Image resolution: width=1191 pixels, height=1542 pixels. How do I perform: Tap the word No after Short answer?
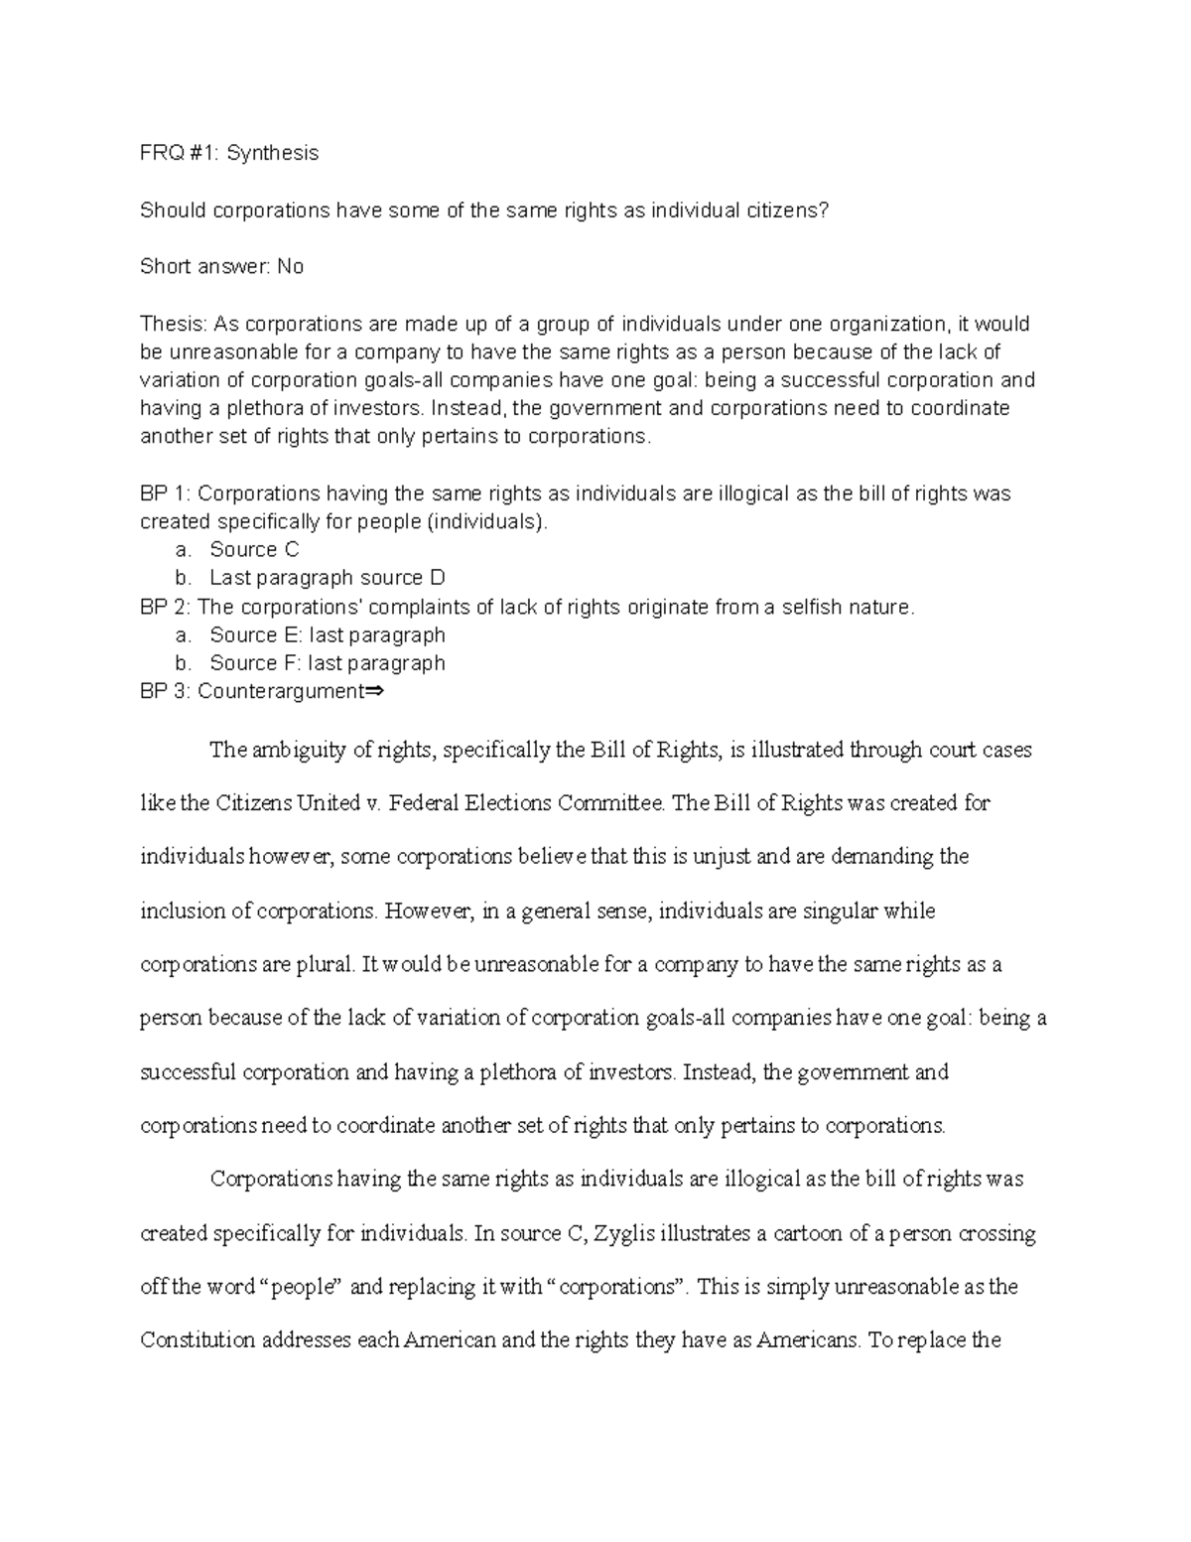290,266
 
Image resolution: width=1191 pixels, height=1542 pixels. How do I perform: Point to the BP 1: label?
166,493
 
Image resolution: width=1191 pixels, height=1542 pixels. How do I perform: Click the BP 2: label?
166,607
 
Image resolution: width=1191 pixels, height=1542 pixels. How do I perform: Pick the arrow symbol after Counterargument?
374,692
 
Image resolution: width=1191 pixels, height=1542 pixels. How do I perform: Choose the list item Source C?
254,550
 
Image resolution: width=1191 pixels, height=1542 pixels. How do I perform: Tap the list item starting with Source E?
327,634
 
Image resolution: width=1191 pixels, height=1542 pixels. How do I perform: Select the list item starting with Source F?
327,663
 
